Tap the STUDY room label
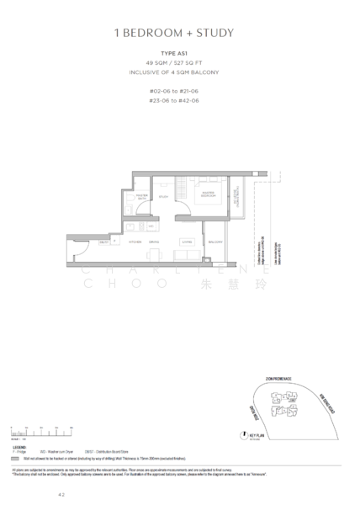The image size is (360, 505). click(x=163, y=197)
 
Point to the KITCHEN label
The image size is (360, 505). click(x=131, y=242)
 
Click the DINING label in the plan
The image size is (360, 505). click(x=154, y=242)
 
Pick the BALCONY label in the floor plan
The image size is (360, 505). click(x=215, y=242)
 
